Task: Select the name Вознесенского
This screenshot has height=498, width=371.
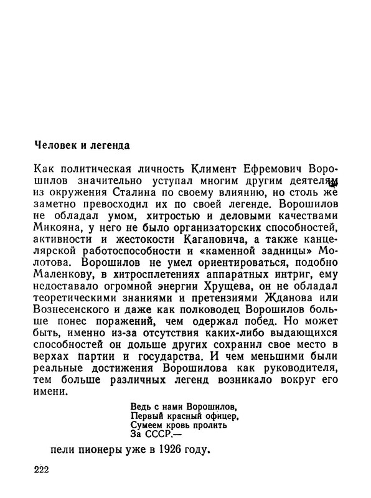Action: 72,315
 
